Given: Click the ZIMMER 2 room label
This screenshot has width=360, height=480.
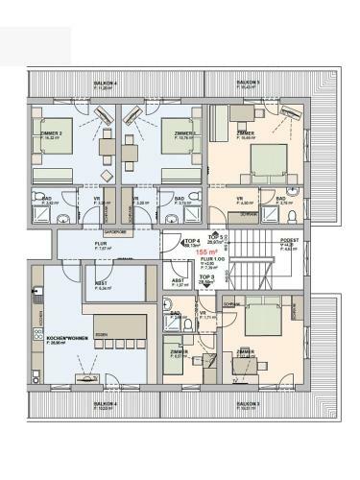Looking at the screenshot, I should [x=53, y=133].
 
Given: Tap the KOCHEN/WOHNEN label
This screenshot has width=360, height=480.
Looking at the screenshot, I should [x=61, y=339].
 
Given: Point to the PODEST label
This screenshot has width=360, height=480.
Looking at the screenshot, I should [x=289, y=240].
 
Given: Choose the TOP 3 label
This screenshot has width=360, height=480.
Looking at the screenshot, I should [x=206, y=277].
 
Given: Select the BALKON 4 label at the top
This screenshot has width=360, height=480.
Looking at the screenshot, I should [x=106, y=84].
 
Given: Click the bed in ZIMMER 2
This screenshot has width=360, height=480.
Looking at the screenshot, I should [x=53, y=174].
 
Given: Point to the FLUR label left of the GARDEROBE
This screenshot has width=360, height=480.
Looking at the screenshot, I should [x=75, y=245].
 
